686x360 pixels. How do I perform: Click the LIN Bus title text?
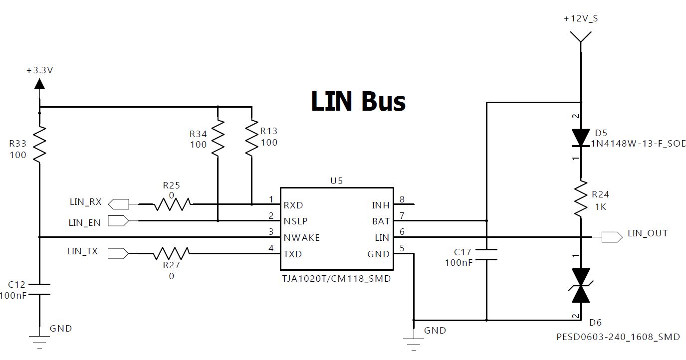(358, 101)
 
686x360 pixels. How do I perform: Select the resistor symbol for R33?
(39, 144)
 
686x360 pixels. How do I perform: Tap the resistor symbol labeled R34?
(218, 138)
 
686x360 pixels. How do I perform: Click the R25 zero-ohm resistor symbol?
(172, 204)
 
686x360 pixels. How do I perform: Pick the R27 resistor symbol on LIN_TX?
(172, 254)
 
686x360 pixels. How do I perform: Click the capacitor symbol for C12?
(39, 289)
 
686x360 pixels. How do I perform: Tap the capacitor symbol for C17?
(486, 254)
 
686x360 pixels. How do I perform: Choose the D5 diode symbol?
(581, 138)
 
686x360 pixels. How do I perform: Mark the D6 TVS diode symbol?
(581, 286)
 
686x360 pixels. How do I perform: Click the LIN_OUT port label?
(647, 233)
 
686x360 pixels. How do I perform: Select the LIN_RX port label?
(85, 202)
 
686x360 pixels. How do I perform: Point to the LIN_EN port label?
(84, 223)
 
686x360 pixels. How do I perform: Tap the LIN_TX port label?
(82, 252)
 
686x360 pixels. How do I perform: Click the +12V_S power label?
(581, 18)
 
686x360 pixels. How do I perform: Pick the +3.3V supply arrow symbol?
(39, 83)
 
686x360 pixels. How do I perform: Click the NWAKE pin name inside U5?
(301, 238)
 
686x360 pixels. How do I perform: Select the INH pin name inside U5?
(380, 205)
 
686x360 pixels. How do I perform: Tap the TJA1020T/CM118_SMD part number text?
(336, 279)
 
